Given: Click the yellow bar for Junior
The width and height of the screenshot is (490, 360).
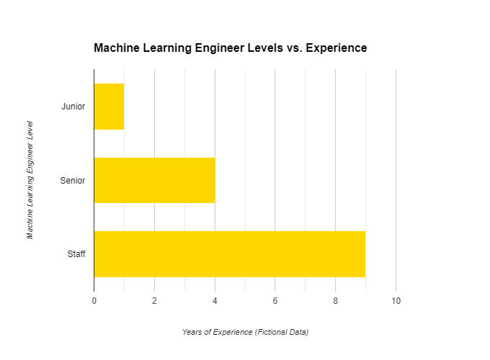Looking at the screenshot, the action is coord(110,107).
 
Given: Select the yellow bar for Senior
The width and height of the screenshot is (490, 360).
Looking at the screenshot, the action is coord(155,181).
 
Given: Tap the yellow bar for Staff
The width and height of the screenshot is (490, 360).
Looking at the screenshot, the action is coord(230,254).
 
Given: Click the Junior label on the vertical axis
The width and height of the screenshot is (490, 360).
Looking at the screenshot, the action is coord(73,107).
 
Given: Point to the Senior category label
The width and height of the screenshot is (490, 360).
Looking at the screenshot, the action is coord(73,181).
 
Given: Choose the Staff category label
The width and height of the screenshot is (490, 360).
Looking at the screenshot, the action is coord(76,254).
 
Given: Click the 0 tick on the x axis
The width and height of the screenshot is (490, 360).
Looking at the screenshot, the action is coord(94,301).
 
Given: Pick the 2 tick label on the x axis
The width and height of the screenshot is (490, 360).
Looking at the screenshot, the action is coord(154,301).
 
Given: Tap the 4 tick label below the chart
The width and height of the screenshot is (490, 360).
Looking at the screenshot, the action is coord(215,301).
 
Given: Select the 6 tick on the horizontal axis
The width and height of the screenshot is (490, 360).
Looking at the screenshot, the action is coord(275,301).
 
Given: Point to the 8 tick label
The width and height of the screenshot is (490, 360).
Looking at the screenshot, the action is coord(335,301).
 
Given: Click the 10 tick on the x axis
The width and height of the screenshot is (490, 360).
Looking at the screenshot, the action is coord(396,301).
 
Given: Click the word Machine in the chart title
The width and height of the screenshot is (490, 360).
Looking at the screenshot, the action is coord(117,48).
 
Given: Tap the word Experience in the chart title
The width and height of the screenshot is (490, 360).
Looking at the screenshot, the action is coord(337,48).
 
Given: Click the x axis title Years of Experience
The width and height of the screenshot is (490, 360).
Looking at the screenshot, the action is coord(217,332).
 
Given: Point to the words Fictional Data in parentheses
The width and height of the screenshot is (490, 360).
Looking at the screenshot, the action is coord(282,332).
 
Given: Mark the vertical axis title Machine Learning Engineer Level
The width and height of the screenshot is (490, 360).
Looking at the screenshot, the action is coord(30,180).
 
